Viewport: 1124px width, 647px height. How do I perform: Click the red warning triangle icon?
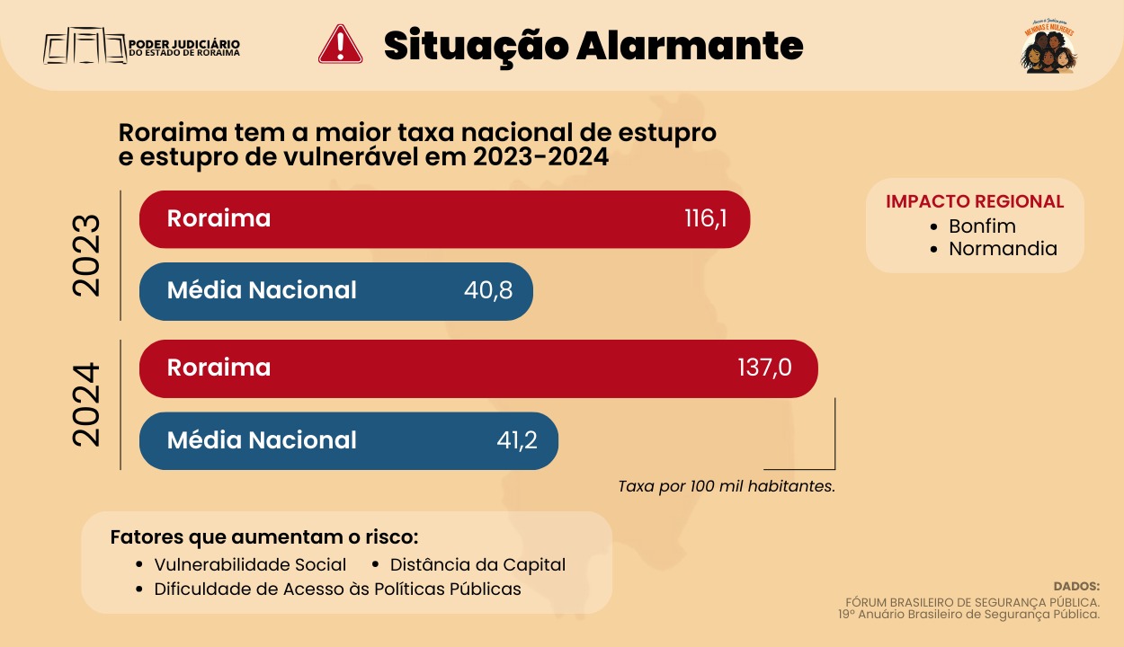(340, 44)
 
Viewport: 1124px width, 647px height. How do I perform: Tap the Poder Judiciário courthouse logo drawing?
(85, 46)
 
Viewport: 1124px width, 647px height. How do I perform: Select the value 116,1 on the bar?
(705, 218)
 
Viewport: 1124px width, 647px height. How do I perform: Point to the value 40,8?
(488, 290)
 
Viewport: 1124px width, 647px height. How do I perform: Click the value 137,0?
(764, 368)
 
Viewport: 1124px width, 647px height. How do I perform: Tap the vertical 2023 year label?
(87, 255)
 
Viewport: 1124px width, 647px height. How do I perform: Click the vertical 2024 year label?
(87, 404)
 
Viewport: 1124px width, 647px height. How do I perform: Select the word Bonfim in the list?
(982, 226)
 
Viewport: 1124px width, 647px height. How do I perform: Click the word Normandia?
(1003, 249)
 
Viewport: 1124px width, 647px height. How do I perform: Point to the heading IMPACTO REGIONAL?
(975, 201)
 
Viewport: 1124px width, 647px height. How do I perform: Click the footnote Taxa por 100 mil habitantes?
(727, 486)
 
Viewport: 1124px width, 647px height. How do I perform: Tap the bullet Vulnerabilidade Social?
(250, 565)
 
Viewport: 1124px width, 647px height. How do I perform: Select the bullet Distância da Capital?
(477, 565)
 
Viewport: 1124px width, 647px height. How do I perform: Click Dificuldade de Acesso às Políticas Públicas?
(337, 589)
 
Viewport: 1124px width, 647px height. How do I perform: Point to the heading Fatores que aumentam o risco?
(264, 537)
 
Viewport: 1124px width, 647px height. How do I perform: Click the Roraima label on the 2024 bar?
(219, 368)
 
